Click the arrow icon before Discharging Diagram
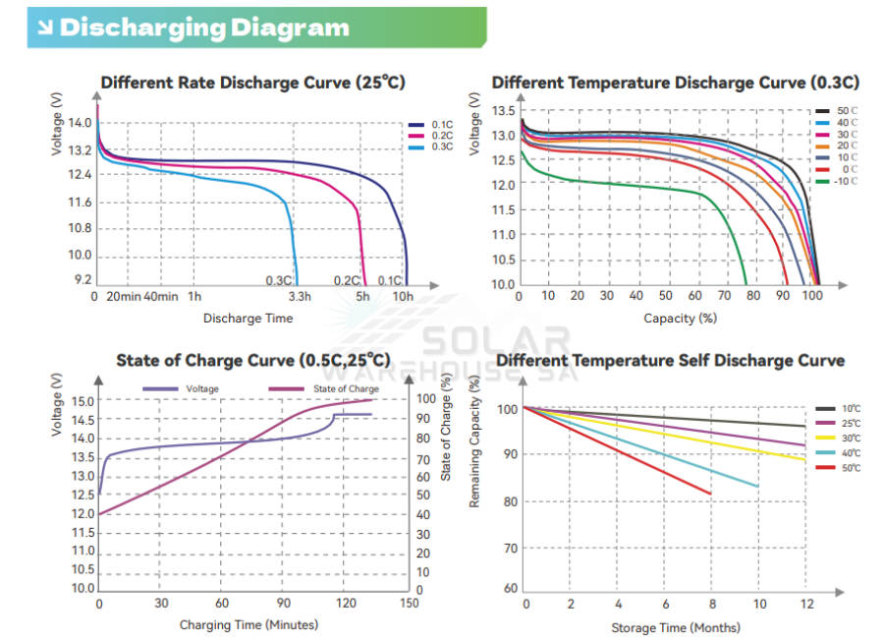coord(45,28)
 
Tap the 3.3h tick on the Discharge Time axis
coord(300,297)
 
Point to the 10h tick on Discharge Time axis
coord(403,297)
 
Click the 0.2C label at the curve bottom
coord(347,280)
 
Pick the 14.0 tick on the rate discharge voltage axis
coord(81,123)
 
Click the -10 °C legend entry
coord(845,181)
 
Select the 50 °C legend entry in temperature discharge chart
coord(845,110)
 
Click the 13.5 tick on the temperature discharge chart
coord(503,111)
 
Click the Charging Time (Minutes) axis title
coord(249,624)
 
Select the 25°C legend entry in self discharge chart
coord(851,423)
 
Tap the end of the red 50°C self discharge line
coord(710,494)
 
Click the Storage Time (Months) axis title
coord(676,627)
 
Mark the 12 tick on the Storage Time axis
coord(805,603)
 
